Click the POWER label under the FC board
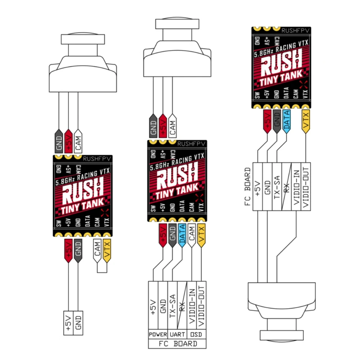158,334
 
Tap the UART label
177,334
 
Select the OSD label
196,334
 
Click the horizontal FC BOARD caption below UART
178,344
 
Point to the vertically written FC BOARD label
248,186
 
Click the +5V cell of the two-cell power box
68,323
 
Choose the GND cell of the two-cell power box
78,323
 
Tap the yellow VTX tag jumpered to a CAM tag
107,251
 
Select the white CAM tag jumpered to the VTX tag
97,251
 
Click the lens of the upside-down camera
282,335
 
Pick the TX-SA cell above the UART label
172,305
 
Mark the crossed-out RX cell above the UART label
182,305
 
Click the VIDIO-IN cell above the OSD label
192,305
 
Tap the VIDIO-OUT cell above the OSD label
201,305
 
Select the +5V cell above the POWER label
153,305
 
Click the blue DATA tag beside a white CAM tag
182,235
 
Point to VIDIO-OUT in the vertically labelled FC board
306,186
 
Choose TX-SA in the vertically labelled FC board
277,186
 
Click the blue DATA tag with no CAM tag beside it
287,121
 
